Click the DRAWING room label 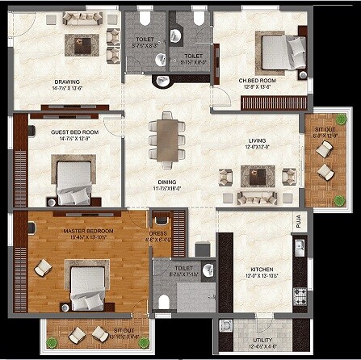pos(66,82)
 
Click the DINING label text pos(168,182)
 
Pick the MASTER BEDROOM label pos(89,231)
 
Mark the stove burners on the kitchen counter pos(300,295)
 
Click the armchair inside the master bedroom pos(42,269)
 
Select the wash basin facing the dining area pos(164,80)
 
